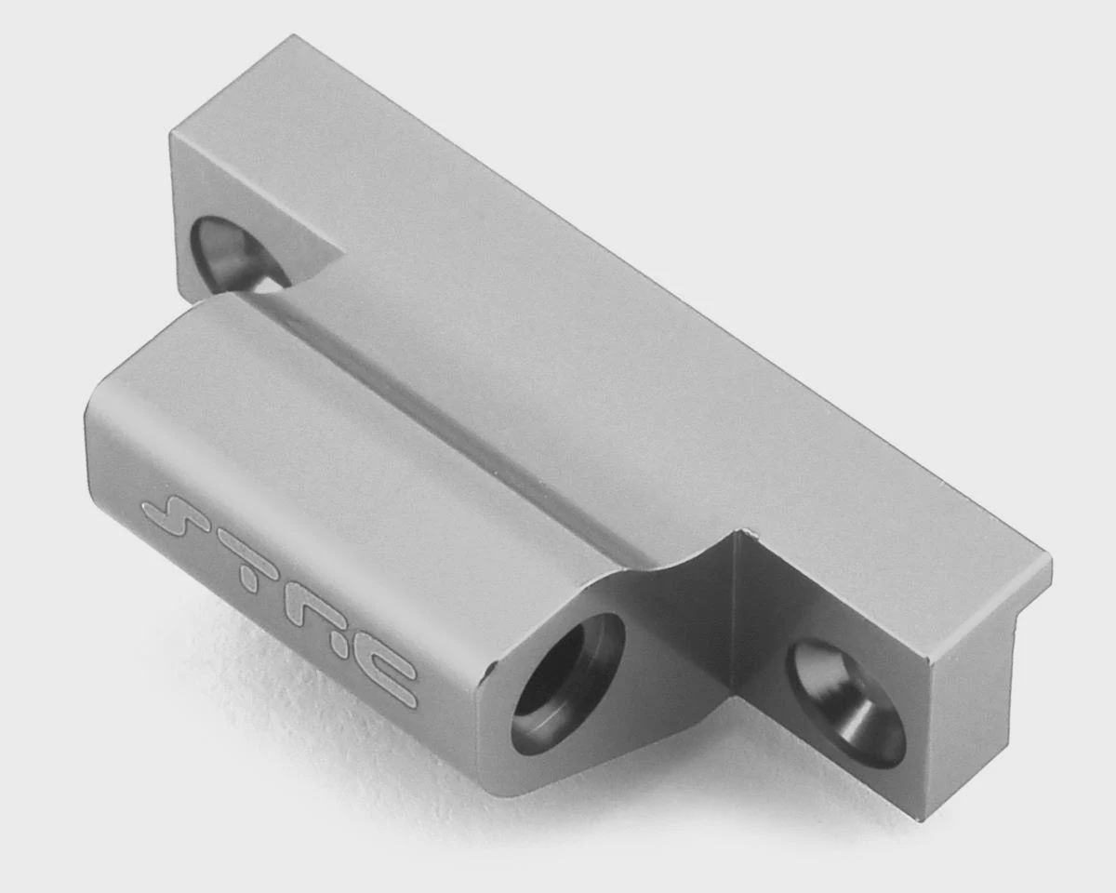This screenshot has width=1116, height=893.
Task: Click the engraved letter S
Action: [x=178, y=516]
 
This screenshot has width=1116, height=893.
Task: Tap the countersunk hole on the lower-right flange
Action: [x=844, y=704]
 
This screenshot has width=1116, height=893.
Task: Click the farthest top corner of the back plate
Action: [x=294, y=35]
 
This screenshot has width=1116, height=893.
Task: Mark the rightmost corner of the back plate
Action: [x=1051, y=559]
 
